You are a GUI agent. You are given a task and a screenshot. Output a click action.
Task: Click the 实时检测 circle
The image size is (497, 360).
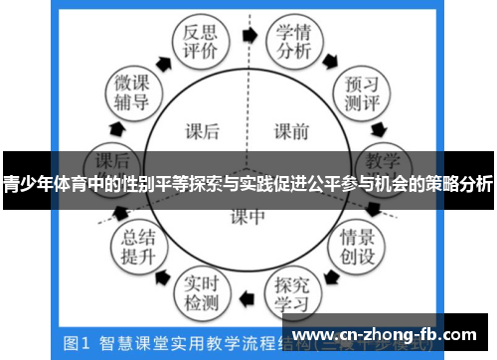[x=205, y=289]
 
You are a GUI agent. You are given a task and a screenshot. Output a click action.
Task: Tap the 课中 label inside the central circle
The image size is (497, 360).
[x=248, y=216]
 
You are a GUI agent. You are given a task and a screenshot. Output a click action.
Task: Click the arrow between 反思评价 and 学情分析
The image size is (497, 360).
[x=248, y=33]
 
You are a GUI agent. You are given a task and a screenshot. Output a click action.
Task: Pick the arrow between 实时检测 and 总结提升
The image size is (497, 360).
[x=165, y=275]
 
